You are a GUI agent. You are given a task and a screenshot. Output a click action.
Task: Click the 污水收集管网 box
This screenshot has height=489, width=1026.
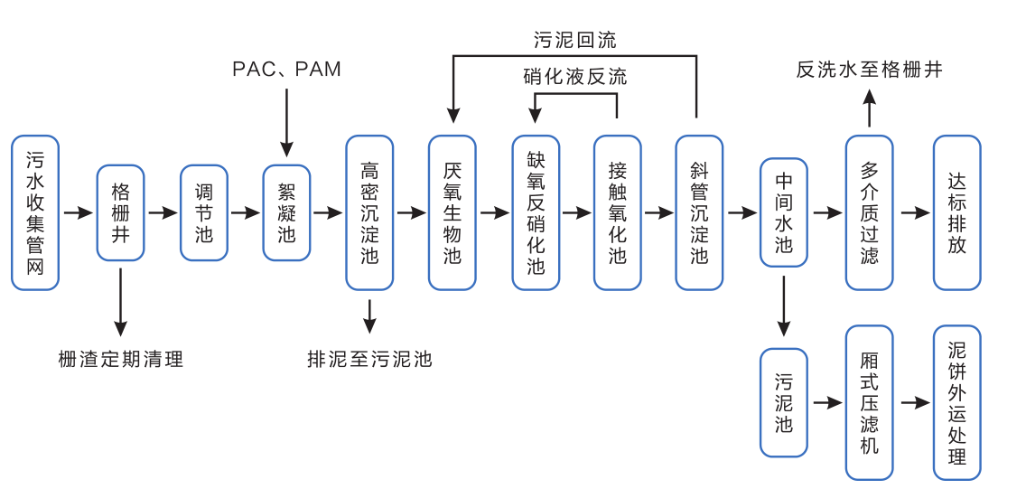pos(35,212)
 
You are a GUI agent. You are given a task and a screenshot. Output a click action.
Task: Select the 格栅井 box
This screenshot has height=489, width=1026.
pos(120,213)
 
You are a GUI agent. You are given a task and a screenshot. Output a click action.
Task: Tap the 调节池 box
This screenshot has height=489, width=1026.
pos(204,213)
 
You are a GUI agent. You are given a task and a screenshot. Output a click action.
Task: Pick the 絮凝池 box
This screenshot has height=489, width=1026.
pos(286,213)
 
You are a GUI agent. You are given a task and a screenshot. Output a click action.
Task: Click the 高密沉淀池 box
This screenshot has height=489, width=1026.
pos(369,212)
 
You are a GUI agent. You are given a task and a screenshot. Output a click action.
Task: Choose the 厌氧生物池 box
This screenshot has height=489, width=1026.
pos(452,212)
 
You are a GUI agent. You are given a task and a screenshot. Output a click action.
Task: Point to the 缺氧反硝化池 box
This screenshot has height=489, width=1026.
pos(536,212)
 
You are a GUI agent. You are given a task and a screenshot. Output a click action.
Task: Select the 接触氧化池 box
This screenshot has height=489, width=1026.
pos(618,212)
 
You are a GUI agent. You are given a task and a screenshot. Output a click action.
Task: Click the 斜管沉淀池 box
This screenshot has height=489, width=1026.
pos(699,212)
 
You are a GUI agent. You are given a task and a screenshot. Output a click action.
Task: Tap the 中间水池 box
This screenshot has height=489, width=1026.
pos(784,212)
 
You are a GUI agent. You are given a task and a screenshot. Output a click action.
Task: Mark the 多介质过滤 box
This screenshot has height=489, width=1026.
pos(869,212)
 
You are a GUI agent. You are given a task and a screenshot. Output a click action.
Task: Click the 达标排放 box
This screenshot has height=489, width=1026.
pos(956,212)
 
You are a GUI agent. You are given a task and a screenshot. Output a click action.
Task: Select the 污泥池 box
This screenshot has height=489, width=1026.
pos(784,402)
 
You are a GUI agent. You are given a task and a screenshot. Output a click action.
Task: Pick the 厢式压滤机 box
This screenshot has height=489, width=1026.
pos(869,402)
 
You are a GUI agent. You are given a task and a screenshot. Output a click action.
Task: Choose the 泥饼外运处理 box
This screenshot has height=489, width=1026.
pos(956,402)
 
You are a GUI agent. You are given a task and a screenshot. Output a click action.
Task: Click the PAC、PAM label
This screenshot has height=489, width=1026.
pos(286,70)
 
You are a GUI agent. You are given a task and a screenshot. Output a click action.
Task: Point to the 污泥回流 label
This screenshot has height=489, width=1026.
pos(574,40)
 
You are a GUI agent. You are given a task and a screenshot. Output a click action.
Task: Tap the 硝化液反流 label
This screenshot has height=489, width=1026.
pos(574,77)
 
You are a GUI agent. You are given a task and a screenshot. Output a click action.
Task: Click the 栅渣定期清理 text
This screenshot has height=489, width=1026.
pos(120,359)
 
